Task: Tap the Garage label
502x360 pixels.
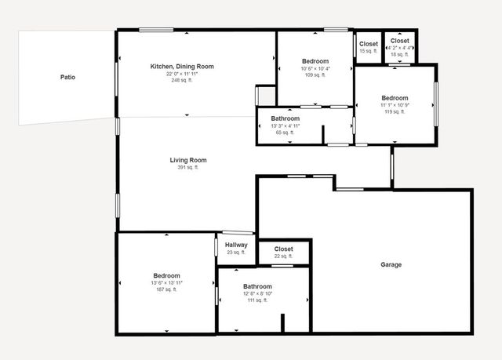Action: click(391, 264)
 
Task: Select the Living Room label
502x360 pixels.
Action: click(187, 160)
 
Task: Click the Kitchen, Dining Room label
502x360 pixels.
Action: click(182, 66)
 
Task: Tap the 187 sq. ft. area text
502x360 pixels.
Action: click(166, 289)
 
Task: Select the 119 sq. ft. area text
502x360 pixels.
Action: click(394, 112)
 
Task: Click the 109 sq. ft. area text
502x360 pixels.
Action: click(315, 75)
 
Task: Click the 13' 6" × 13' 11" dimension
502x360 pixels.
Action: click(166, 282)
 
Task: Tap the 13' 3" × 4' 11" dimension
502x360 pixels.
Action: click(286, 125)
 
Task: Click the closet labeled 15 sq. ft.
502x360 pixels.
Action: click(368, 44)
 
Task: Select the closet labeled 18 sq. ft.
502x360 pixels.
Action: click(399, 41)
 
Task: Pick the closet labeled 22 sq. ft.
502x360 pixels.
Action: click(283, 249)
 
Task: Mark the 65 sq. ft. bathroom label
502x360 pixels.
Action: click(286, 118)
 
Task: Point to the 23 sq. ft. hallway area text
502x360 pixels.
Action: click(236, 252)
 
